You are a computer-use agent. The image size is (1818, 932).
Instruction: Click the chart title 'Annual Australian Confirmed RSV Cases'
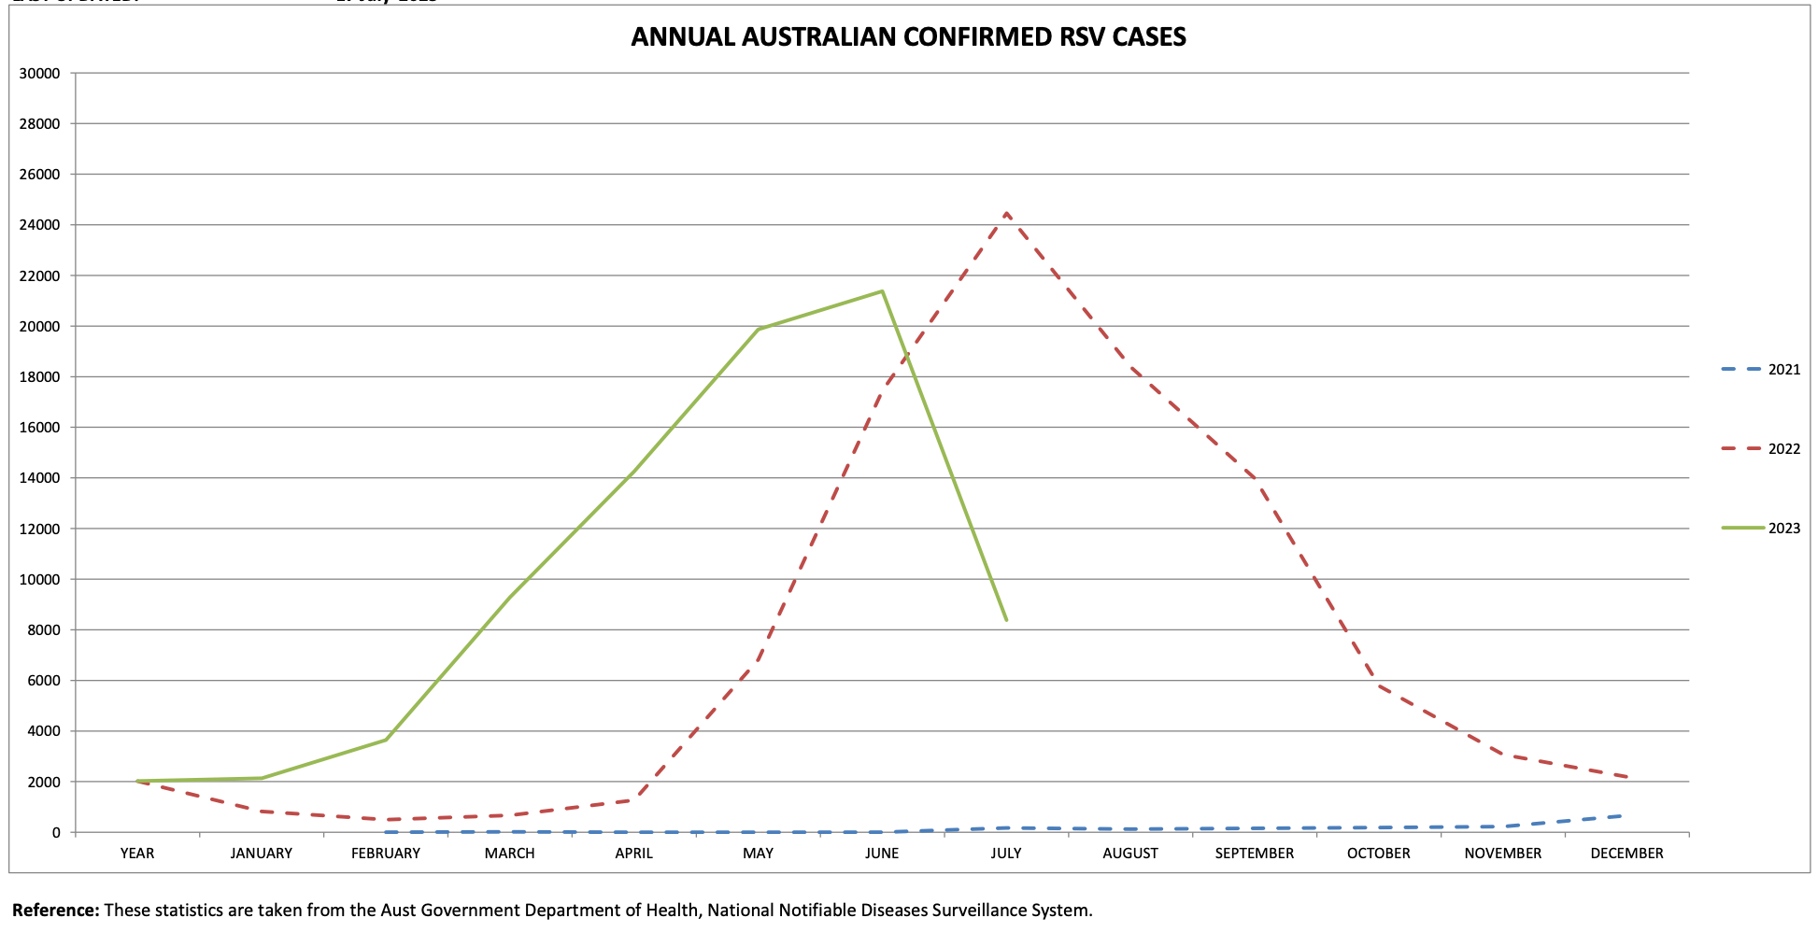point(908,37)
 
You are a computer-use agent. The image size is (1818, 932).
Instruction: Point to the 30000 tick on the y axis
point(40,74)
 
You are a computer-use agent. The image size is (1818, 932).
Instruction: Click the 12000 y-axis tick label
point(40,530)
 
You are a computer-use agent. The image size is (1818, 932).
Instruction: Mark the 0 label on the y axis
point(56,833)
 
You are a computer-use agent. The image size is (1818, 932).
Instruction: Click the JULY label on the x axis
point(1006,854)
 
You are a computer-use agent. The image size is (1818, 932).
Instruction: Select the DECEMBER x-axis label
point(1626,854)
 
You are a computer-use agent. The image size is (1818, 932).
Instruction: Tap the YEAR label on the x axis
point(137,854)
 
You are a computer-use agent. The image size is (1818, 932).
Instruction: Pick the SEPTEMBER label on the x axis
point(1254,854)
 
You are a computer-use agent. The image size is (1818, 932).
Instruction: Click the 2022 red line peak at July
point(1006,214)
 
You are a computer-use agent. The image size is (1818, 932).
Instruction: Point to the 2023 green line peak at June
point(882,291)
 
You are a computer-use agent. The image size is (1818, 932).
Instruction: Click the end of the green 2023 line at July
point(1006,619)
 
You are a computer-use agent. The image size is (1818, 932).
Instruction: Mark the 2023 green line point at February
point(386,740)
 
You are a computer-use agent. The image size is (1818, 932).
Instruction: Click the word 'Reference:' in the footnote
point(56,911)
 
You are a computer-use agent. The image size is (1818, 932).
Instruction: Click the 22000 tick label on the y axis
point(40,276)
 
